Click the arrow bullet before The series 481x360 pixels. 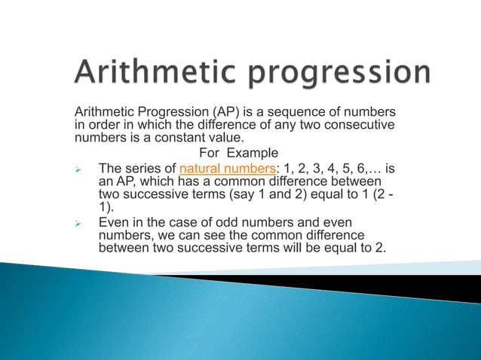coord(77,169)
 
